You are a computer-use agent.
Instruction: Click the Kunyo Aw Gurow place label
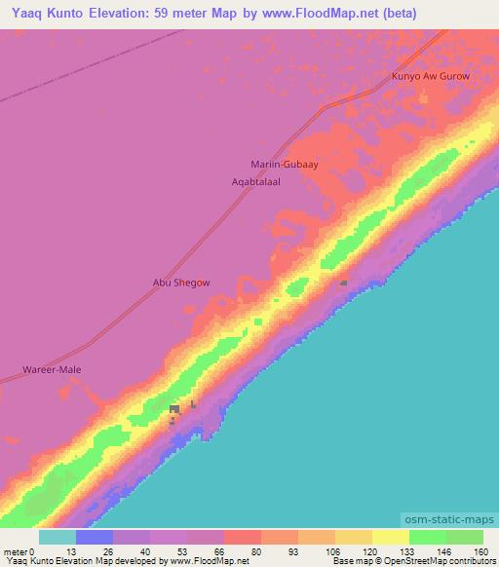tap(430, 76)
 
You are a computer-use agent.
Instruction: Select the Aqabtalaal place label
tap(255, 182)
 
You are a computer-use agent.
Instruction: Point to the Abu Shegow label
tap(181, 283)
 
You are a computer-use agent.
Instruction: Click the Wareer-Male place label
tap(52, 370)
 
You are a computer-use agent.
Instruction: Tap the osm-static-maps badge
tap(449, 521)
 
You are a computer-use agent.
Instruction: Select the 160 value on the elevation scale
tap(481, 550)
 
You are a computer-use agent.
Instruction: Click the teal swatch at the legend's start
tap(57, 537)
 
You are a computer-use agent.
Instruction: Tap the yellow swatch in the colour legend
tap(391, 537)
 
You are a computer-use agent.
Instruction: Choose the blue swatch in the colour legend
tap(95, 537)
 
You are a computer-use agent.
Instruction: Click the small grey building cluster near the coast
tap(175, 410)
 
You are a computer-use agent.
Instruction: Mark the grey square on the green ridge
tap(344, 283)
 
